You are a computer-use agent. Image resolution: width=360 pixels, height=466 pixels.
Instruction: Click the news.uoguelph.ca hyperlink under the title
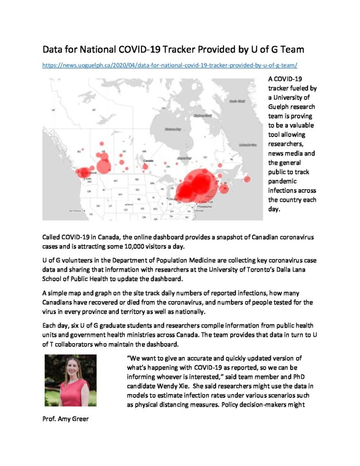[x=170, y=65]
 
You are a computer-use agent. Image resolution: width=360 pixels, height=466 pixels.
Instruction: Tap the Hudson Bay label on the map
[x=172, y=129]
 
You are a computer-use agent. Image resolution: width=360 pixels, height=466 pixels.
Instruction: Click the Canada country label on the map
[x=148, y=161]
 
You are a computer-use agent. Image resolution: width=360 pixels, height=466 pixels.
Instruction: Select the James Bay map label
[x=184, y=158]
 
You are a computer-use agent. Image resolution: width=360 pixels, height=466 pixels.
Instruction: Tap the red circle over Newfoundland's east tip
[x=247, y=179]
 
